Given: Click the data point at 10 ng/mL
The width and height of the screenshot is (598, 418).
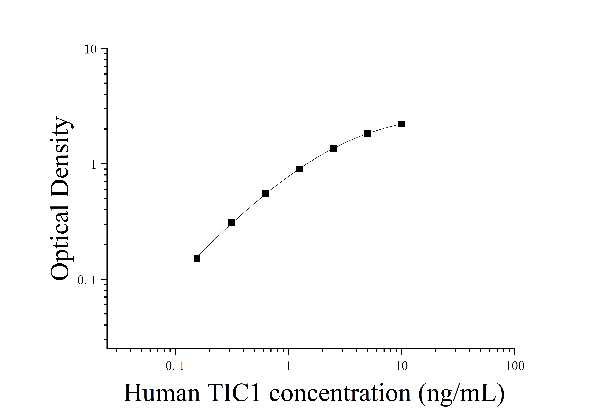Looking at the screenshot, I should (x=401, y=124).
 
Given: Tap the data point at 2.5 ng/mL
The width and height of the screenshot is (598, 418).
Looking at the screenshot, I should (x=333, y=149).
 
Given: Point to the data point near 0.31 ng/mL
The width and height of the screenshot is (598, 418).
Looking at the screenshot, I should (x=231, y=222).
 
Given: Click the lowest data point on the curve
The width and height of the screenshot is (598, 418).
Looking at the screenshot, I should (x=197, y=259).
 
